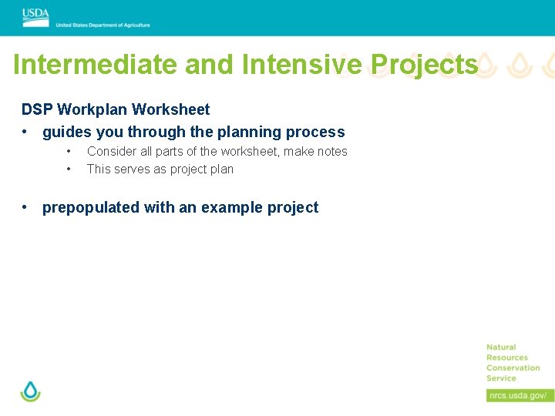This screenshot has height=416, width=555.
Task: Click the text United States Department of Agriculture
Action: point(103,25)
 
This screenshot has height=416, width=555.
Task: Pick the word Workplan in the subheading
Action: point(88,110)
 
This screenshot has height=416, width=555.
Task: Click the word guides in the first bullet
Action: point(66,132)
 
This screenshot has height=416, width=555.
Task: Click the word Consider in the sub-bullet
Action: point(112,152)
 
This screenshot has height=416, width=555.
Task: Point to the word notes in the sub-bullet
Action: point(331,152)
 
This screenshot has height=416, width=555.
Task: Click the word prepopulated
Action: point(92,207)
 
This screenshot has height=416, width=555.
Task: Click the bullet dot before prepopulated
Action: point(26,207)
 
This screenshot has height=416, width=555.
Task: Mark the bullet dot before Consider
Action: point(69,151)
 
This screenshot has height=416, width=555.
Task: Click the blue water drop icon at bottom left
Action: point(30,391)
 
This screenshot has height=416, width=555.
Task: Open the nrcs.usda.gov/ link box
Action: point(520,395)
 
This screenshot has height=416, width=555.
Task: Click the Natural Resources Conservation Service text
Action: point(513,363)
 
